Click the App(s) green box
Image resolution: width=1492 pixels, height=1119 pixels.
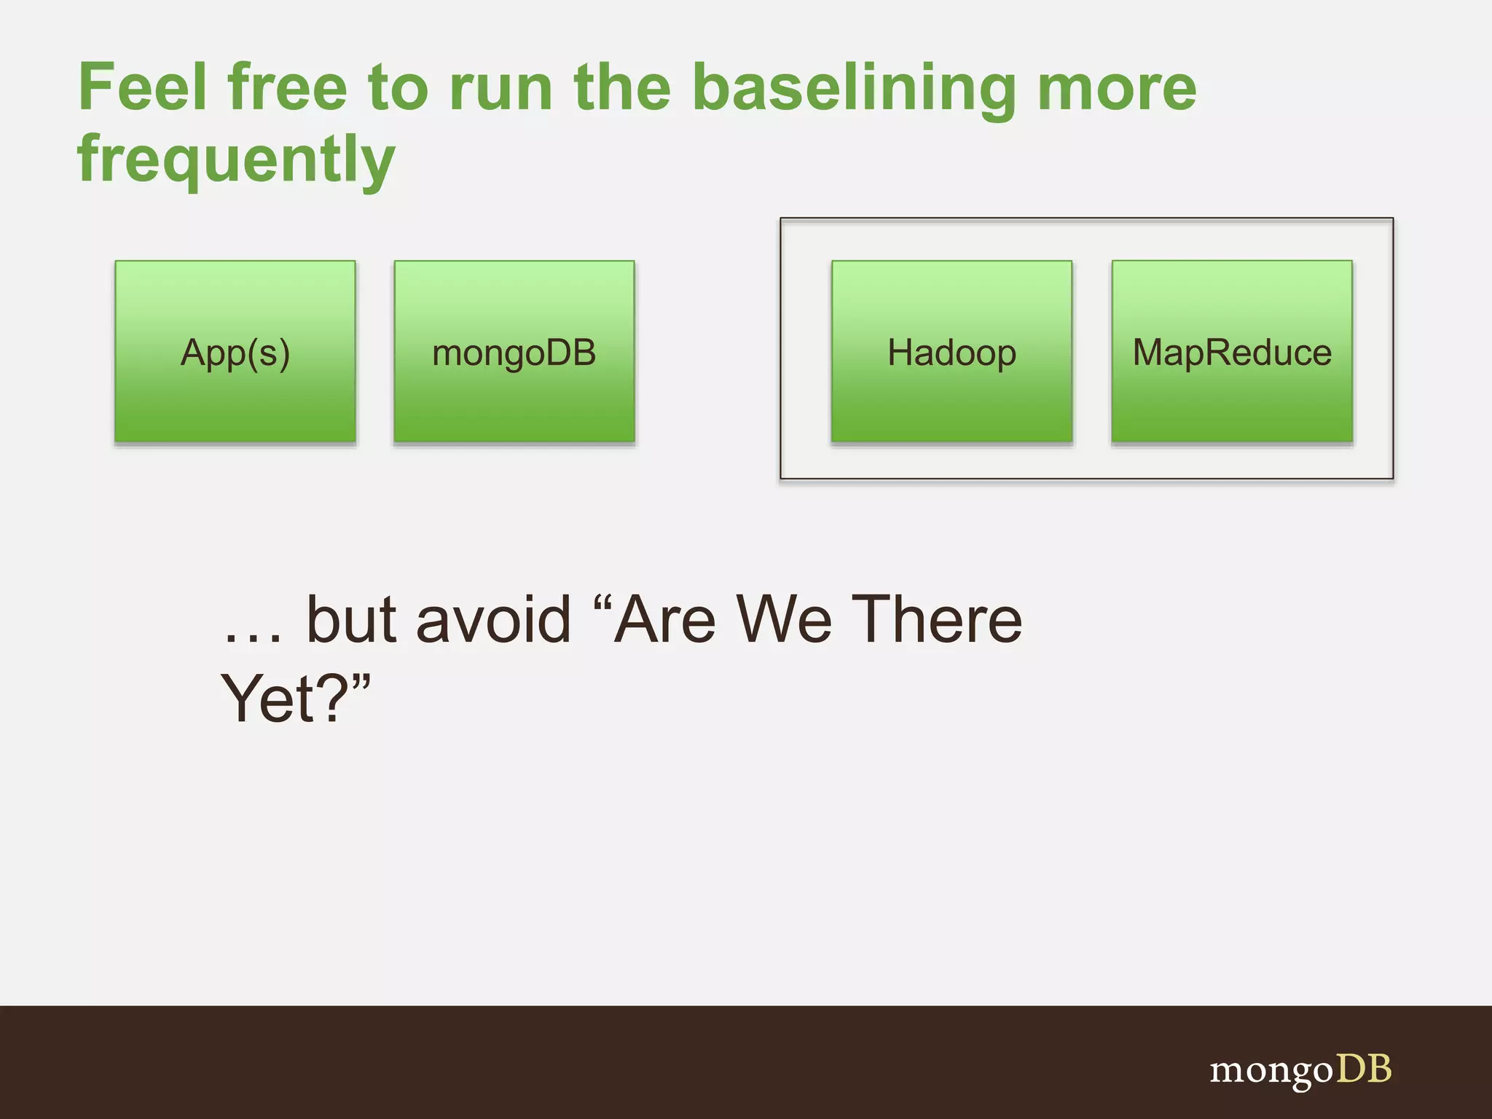[235, 352]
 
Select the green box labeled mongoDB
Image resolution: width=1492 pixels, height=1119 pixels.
[514, 352]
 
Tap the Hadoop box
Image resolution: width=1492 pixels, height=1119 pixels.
[951, 352]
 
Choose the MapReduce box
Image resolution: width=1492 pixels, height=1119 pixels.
[1232, 352]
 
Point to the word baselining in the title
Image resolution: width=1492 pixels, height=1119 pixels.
[853, 89]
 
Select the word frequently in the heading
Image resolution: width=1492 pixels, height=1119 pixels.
[236, 160]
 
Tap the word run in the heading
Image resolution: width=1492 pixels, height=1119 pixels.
[500, 89]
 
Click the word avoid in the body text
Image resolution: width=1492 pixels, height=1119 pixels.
[493, 620]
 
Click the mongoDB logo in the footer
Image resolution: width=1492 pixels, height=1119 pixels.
[1300, 1070]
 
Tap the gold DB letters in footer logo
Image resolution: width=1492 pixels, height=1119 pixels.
[1364, 1069]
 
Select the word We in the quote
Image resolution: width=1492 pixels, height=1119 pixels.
[783, 620]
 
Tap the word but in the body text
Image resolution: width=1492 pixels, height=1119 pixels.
[350, 620]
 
